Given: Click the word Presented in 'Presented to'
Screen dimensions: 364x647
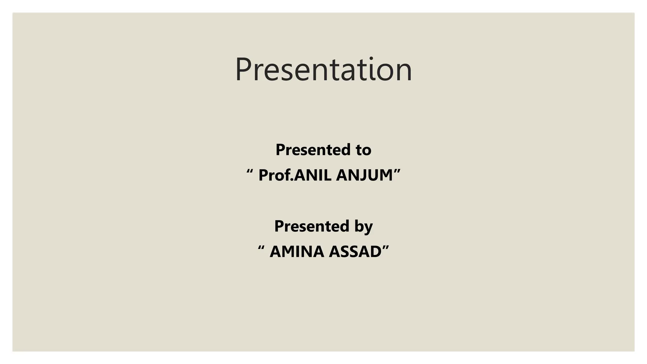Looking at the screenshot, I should click(x=312, y=150).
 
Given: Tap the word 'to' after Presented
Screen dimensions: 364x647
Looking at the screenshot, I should click(x=363, y=150).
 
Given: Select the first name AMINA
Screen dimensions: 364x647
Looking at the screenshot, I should click(x=297, y=252).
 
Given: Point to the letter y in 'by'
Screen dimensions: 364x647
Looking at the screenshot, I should click(x=368, y=228).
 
